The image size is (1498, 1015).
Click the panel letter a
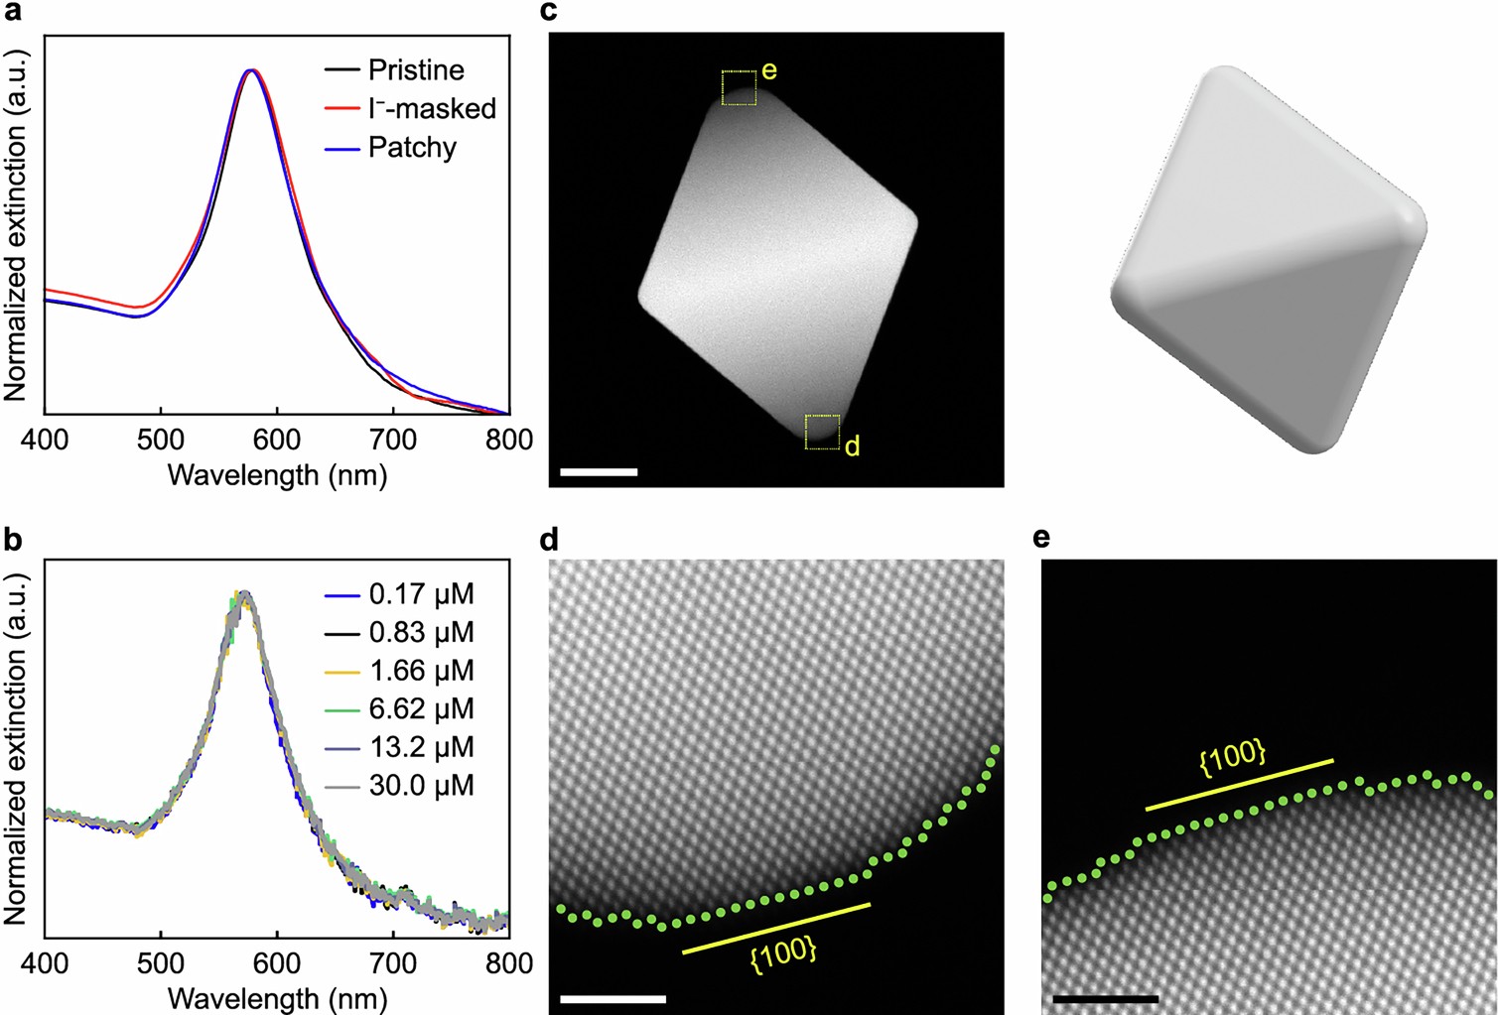(14, 14)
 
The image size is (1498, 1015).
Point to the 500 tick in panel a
(161, 440)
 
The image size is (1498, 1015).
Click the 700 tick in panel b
(393, 963)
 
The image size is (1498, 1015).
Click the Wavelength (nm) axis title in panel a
(277, 475)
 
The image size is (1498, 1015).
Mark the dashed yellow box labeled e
(739, 87)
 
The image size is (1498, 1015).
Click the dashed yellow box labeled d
(822, 433)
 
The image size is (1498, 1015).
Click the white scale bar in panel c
(598, 472)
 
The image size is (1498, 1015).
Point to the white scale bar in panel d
(613, 998)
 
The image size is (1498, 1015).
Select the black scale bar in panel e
(1105, 998)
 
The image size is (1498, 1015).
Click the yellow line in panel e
(1239, 785)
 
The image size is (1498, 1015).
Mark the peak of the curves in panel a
(252, 70)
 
